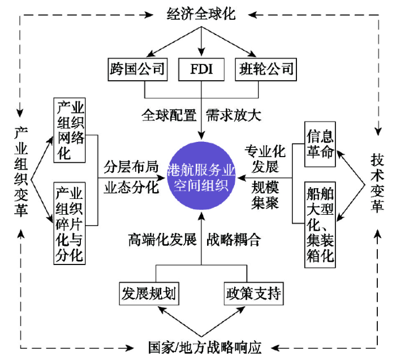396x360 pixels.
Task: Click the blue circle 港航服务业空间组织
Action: (201, 176)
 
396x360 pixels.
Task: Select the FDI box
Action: (201, 70)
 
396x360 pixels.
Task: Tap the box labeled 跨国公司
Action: (137, 70)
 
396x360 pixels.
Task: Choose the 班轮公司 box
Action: (266, 70)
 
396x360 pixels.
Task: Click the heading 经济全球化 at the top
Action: (201, 14)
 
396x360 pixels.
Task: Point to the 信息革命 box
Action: (320, 144)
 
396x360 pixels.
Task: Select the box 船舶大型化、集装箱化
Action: (320, 224)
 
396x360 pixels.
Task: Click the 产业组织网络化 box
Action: (70, 130)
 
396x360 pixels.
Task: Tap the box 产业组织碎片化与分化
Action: (70, 223)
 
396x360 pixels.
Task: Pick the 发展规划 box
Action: (149, 294)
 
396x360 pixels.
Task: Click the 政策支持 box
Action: (253, 294)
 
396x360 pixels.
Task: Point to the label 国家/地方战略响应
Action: (205, 348)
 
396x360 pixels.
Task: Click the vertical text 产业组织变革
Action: (21, 172)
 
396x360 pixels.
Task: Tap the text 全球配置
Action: (169, 115)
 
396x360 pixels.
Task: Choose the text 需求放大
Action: (234, 115)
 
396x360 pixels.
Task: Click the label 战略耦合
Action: (234, 240)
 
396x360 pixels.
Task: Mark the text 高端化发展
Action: (162, 240)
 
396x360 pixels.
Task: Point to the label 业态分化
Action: (131, 187)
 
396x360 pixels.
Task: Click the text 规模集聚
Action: (265, 195)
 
